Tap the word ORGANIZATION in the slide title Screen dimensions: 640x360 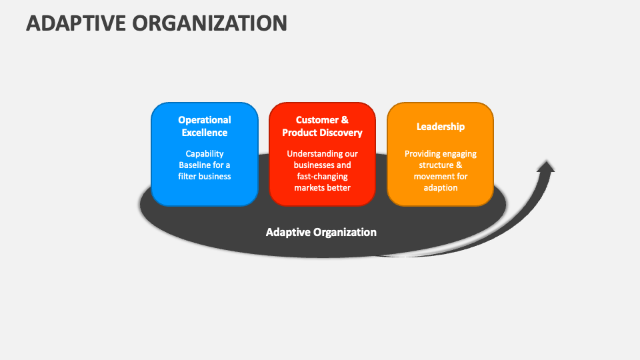[x=210, y=23]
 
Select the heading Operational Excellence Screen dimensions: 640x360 [x=205, y=126]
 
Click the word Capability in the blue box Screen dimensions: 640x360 [x=205, y=154]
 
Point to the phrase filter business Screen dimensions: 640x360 [x=205, y=176]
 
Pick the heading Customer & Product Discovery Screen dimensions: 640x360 [x=322, y=126]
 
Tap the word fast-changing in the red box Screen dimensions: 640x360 [x=323, y=177]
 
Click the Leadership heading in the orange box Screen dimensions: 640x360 [x=441, y=127]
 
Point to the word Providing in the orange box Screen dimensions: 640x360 [x=421, y=154]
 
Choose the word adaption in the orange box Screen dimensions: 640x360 [x=441, y=188]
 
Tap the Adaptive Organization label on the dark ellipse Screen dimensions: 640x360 [x=321, y=232]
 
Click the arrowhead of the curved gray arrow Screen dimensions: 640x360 [x=545, y=167]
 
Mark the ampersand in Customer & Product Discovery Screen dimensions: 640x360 [x=345, y=120]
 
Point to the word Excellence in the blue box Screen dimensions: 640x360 [x=205, y=133]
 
